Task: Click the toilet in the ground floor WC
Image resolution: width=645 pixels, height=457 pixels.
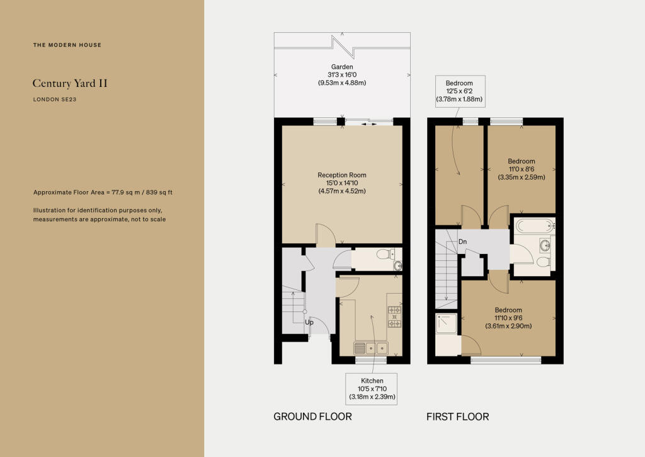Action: coord(382,254)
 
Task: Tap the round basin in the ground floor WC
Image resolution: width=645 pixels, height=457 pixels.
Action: coord(397,265)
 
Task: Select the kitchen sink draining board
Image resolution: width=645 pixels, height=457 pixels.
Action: coord(360,347)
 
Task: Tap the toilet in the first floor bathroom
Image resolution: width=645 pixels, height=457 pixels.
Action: coord(542,262)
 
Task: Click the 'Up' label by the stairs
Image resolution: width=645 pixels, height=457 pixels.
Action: coord(309,322)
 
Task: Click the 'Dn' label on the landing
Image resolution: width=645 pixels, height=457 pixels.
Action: coord(463,241)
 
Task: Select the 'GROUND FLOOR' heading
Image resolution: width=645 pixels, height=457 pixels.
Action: coord(312,417)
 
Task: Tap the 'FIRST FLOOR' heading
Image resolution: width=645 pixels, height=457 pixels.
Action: coord(457,417)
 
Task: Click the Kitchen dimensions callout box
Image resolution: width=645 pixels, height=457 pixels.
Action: coord(372,389)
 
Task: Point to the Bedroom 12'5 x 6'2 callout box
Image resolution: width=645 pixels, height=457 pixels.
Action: coord(459,91)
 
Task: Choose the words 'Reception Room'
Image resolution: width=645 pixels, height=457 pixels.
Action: coord(342,175)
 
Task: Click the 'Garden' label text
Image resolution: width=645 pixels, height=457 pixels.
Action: coord(342,67)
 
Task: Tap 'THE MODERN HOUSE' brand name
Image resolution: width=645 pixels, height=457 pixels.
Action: coord(67,45)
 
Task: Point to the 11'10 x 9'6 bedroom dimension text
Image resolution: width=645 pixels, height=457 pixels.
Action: coord(508,318)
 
